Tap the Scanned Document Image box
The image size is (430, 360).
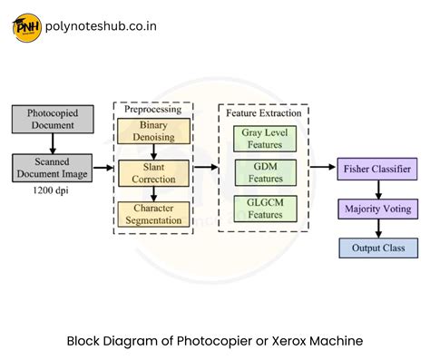click(x=51, y=167)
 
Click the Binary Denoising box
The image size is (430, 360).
click(x=153, y=131)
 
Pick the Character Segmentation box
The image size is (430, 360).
click(x=153, y=214)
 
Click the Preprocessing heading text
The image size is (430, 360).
click(x=151, y=108)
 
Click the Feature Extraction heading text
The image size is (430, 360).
click(x=263, y=116)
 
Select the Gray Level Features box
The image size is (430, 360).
click(x=263, y=139)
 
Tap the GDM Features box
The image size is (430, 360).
click(x=263, y=172)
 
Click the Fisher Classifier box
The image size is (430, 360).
click(x=377, y=168)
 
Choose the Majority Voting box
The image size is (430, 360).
click(x=377, y=209)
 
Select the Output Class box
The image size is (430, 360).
click(x=377, y=247)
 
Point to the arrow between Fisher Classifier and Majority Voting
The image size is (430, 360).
click(x=377, y=188)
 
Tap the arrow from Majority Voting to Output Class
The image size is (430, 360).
click(x=377, y=228)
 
